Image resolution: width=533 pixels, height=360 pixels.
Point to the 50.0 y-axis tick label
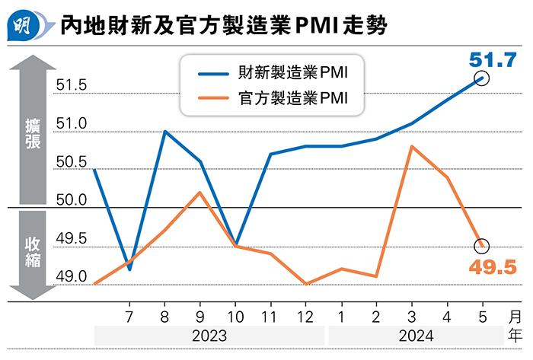(72, 201)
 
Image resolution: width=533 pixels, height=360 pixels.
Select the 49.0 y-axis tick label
(72, 277)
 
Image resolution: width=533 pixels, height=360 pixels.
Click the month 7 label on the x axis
(129, 315)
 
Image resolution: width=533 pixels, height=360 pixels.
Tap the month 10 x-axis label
(235, 315)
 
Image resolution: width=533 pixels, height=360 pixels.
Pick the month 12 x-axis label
(305, 315)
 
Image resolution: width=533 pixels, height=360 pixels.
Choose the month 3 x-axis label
(411, 315)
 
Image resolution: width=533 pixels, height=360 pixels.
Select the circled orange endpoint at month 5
(481, 246)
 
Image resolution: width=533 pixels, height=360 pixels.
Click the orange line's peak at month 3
(411, 146)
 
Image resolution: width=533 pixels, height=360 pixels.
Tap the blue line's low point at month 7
(130, 269)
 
